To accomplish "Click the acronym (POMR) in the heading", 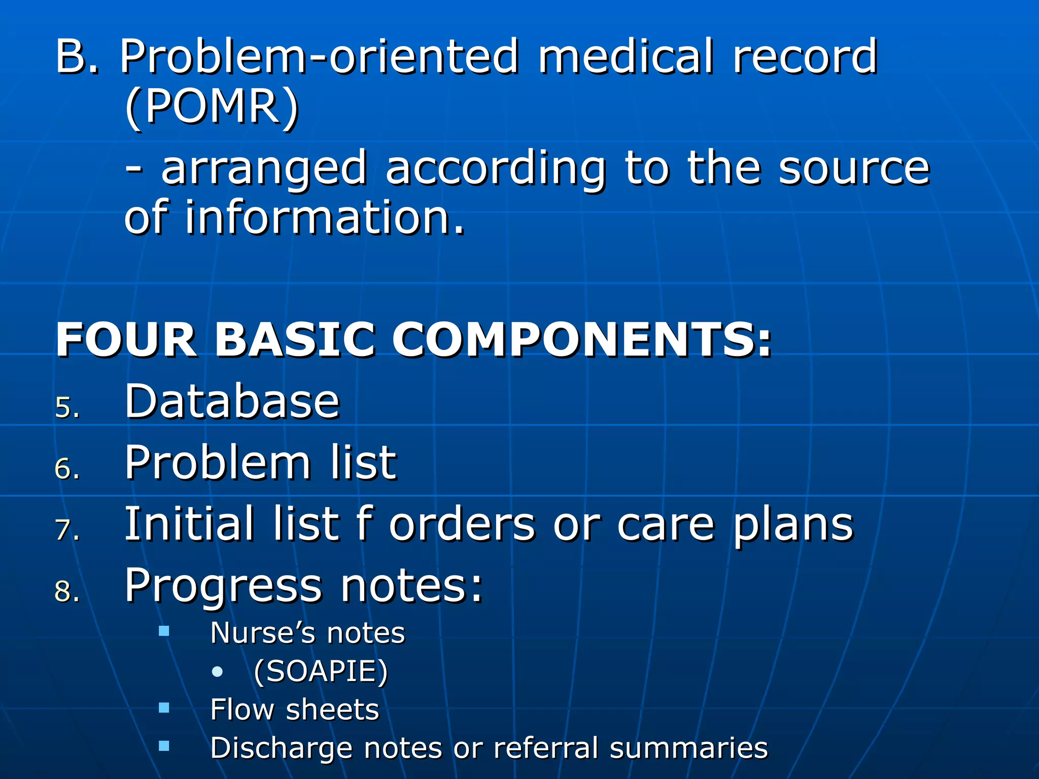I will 212,107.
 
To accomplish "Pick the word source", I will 854,169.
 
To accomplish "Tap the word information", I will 324,218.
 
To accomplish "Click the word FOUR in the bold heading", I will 126,340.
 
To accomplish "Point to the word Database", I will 232,402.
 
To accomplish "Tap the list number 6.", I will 67,469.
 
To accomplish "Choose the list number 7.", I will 67,530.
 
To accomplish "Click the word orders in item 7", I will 462,524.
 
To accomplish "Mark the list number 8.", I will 67,592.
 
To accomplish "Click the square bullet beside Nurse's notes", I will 164,631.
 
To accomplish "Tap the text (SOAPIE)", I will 321,671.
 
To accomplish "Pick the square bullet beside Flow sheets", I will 164,707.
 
